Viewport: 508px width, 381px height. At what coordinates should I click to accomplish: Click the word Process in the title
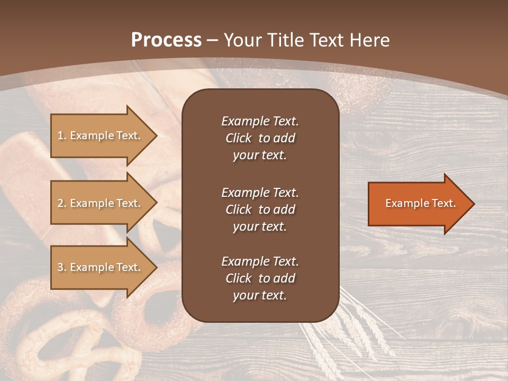166,40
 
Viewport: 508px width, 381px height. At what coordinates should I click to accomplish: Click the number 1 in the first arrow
60,135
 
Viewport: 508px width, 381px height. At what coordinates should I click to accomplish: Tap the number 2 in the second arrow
60,203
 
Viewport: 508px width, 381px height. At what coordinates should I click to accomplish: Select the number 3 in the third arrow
60,267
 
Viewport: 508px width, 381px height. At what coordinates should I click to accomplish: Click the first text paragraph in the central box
260,138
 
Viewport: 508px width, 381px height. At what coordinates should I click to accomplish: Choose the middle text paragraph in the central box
260,210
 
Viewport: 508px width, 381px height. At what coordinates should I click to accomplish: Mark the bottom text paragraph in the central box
260,278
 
